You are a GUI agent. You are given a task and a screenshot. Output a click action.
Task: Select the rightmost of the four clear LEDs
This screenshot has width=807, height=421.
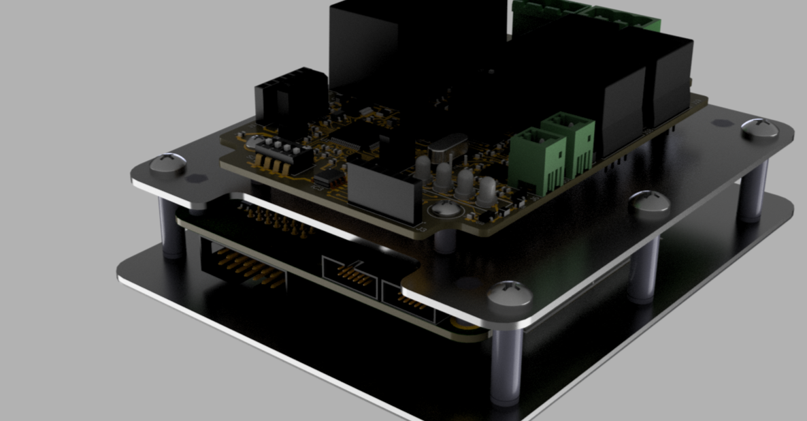(487, 190)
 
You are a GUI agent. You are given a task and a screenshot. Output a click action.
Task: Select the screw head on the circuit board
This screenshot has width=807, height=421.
(444, 208)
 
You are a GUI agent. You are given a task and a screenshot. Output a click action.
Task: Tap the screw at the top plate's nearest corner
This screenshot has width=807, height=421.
(510, 294)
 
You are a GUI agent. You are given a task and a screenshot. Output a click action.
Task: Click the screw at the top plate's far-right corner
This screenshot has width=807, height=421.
(759, 127)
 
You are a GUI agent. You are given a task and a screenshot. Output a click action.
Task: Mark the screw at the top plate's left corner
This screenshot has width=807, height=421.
(167, 164)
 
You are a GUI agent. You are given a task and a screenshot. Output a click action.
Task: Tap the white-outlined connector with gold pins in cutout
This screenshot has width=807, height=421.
(349, 272)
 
